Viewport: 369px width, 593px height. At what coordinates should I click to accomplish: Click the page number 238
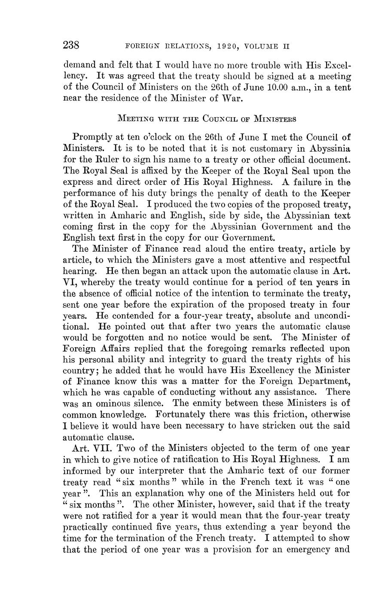coord(72,45)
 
